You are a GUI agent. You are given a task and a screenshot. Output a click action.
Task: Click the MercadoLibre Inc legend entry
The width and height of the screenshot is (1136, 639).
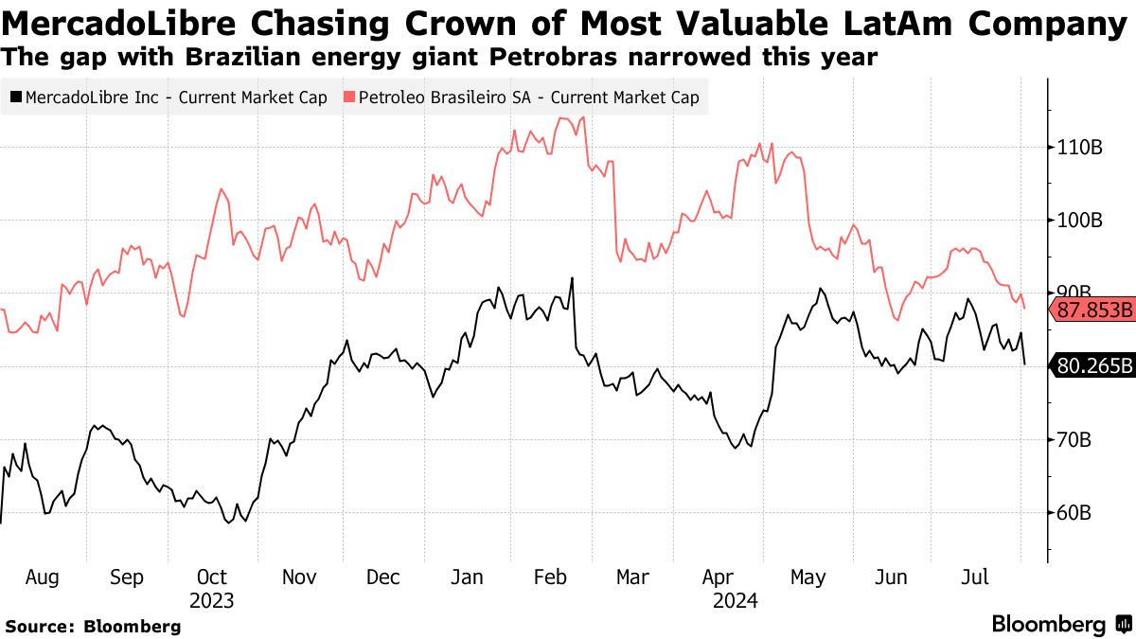(x=169, y=97)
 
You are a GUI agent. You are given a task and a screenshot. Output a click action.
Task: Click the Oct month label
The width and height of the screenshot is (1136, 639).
(x=211, y=577)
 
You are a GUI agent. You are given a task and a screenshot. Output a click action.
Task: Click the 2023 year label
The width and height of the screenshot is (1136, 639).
(x=211, y=600)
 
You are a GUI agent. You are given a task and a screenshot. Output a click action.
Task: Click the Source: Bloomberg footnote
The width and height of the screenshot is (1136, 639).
(x=93, y=626)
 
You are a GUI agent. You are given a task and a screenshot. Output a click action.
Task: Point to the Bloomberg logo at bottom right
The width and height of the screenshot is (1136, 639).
(x=1060, y=625)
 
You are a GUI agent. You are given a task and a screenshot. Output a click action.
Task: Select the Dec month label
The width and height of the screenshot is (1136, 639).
(x=382, y=577)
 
